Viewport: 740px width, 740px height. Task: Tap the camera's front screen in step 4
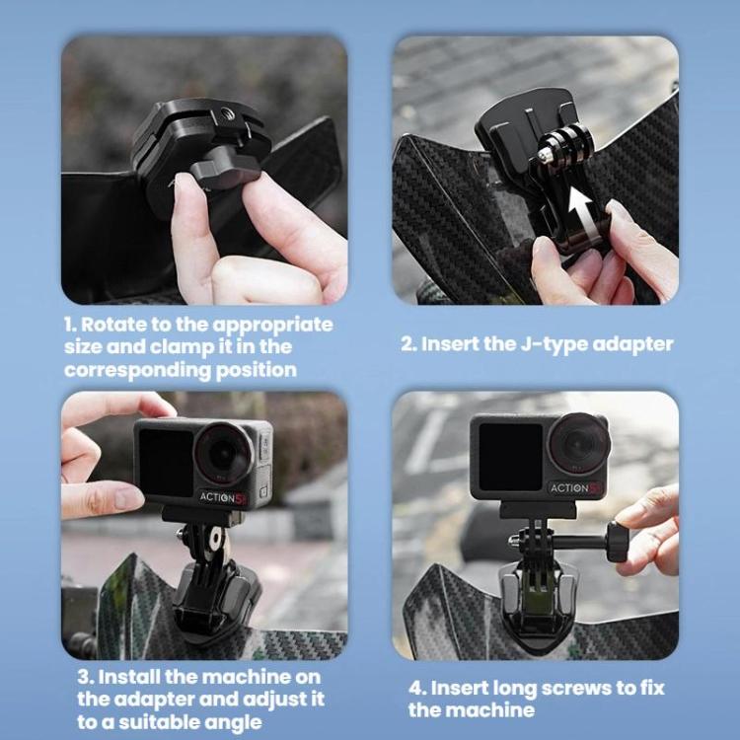(x=510, y=455)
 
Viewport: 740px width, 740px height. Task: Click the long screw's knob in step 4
(x=619, y=542)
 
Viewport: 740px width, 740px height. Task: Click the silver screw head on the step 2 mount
(x=545, y=154)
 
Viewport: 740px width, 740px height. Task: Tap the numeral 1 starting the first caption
(x=69, y=325)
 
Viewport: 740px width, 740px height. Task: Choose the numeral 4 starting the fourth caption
(x=414, y=687)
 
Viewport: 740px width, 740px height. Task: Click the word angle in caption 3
(x=234, y=722)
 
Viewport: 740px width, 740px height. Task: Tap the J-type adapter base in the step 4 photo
(x=540, y=605)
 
